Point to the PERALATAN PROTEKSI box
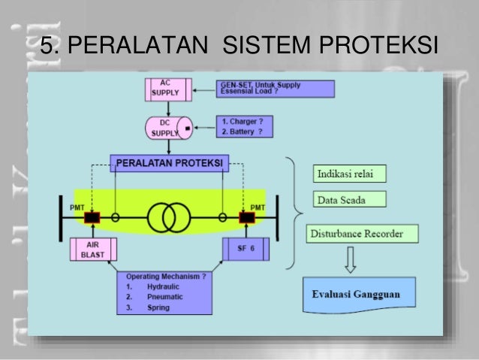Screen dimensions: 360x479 (170, 163)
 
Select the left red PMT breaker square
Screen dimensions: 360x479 (92, 217)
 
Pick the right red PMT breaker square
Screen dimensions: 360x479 (246, 217)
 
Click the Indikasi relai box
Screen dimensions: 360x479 (348, 174)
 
